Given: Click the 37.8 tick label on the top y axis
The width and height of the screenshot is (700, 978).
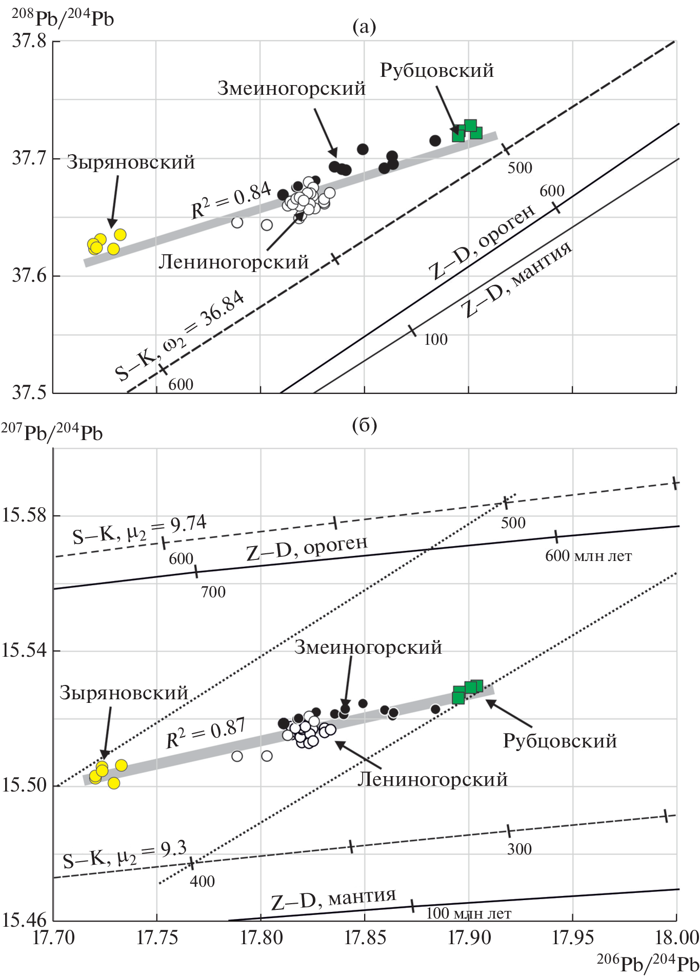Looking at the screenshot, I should pos(29,40).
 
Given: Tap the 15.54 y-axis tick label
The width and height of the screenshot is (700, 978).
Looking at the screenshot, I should pos(24,651).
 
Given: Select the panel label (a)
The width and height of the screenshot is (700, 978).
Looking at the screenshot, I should pos(364,26).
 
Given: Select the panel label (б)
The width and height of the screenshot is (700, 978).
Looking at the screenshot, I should pos(364,425).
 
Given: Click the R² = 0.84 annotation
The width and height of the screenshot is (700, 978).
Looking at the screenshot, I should pos(231,199).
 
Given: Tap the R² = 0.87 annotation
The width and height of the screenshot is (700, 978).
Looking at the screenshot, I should pos(206,733).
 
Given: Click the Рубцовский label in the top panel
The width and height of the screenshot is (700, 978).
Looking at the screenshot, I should pos(436,70).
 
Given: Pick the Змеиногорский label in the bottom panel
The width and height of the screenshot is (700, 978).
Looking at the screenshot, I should pos(368,648).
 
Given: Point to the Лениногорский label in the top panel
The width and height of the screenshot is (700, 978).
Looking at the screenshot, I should pos(233,262).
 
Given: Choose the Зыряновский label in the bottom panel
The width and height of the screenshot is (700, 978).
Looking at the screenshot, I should pos(124,693).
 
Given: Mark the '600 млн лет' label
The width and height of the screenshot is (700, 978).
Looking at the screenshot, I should pos(588,556).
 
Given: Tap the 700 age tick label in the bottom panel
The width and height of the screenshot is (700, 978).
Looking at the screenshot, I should pos(213,592).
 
